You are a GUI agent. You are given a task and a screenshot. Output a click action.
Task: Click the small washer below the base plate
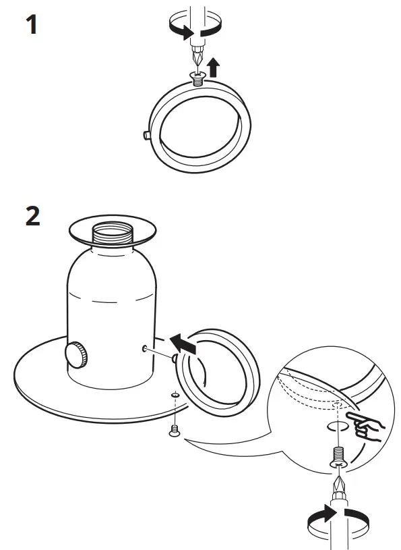click(175, 395)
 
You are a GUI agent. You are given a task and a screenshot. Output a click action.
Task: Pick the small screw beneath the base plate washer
click(175, 430)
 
